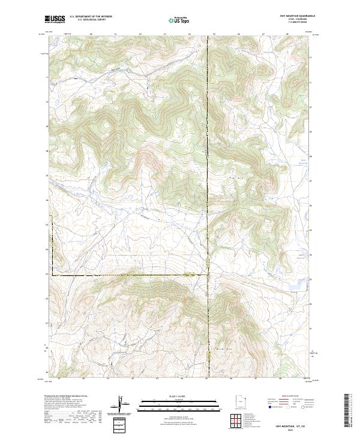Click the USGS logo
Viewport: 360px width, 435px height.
point(55,19)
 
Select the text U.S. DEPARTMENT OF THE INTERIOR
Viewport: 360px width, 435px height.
point(91,17)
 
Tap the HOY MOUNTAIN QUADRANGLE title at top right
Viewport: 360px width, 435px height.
point(297,16)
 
